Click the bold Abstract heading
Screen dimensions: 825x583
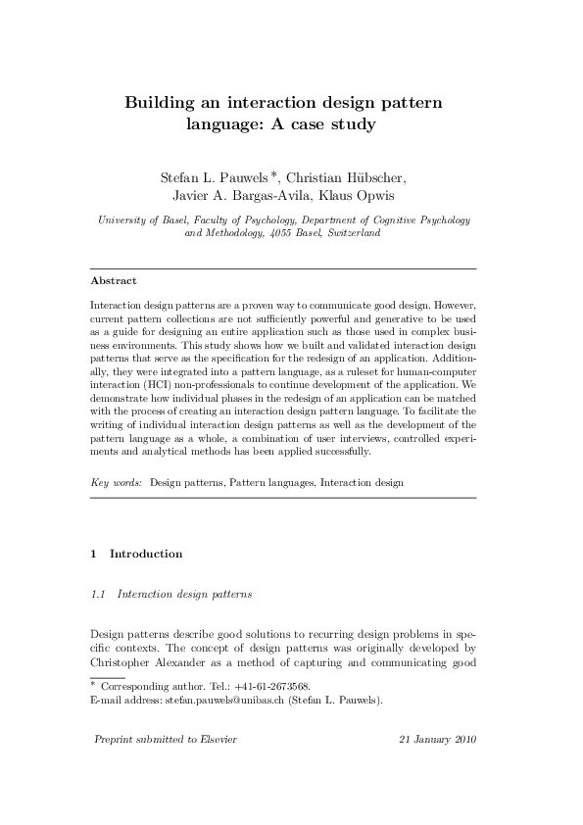[113, 280]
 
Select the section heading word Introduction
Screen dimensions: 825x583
[146, 554]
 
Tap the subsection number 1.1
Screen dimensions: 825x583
[98, 594]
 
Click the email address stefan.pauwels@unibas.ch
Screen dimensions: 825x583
[211, 701]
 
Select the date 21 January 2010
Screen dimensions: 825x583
[438, 739]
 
